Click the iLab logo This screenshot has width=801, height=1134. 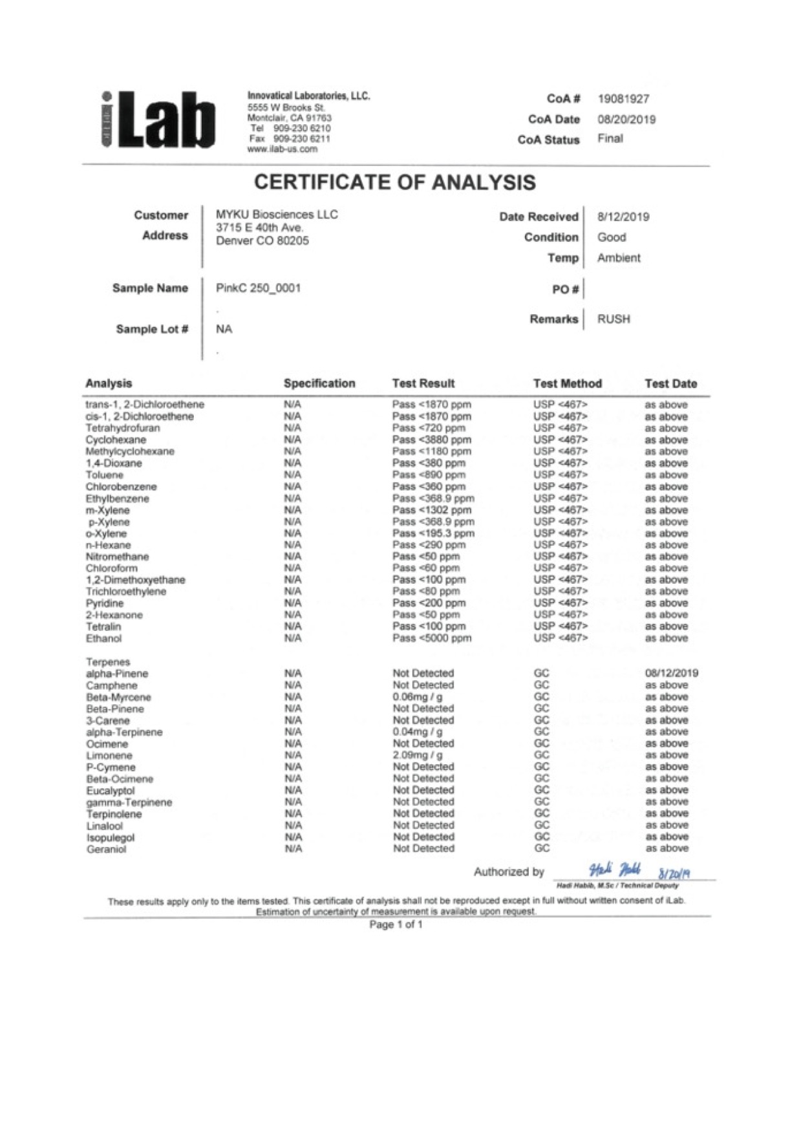click(x=158, y=120)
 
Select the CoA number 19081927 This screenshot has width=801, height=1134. click(x=623, y=99)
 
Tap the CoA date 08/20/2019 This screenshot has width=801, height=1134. click(x=626, y=120)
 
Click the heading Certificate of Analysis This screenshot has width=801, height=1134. click(x=394, y=183)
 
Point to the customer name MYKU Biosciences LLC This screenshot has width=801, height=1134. click(x=277, y=215)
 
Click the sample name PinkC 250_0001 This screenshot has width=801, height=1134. click(x=258, y=288)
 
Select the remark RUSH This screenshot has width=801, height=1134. click(x=613, y=319)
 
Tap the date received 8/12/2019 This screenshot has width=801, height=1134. click(x=623, y=217)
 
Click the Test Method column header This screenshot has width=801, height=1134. click(x=567, y=384)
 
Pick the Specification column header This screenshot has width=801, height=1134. click(x=319, y=384)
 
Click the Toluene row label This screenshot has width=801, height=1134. click(x=104, y=475)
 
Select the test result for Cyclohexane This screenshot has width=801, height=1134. click(x=431, y=440)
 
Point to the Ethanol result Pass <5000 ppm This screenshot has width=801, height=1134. click(x=431, y=639)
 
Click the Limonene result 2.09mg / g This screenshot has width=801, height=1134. click(x=418, y=755)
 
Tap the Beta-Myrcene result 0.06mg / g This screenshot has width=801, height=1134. click(x=418, y=697)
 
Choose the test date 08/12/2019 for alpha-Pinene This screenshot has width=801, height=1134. click(x=671, y=673)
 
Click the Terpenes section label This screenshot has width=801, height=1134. click(x=108, y=662)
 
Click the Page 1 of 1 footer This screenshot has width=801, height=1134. click(x=396, y=925)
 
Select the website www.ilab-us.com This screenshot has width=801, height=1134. click(x=283, y=149)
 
